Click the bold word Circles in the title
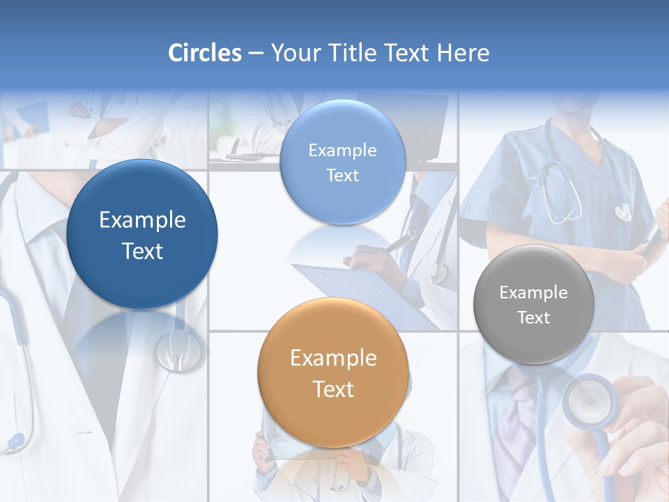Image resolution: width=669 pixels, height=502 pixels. [x=205, y=53]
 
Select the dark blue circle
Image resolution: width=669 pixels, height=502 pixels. [x=142, y=234]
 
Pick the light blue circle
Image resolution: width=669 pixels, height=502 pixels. [x=342, y=162]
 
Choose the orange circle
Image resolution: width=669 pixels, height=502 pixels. [x=333, y=372]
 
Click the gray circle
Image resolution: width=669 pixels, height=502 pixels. [x=533, y=304]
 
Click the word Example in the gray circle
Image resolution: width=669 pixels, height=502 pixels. [x=533, y=293]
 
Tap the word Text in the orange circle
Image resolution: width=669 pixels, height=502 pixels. [x=333, y=389]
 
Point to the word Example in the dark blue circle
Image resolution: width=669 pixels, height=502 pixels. [x=142, y=220]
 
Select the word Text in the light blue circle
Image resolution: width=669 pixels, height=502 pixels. [x=342, y=175]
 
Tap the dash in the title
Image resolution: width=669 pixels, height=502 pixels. [x=256, y=54]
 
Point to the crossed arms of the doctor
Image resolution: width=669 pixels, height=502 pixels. [x=105, y=129]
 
